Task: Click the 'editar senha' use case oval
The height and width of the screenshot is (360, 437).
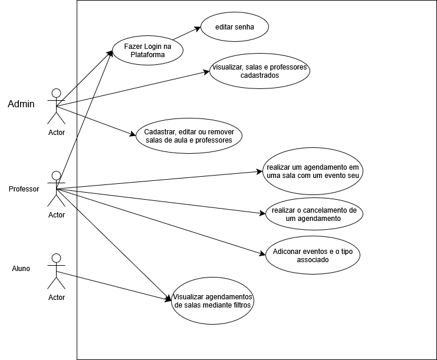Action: click(234, 27)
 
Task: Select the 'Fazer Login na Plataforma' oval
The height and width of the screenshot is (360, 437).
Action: click(147, 50)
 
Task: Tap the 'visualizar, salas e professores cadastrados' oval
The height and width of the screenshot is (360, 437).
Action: click(259, 71)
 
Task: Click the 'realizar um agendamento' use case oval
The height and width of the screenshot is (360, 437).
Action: click(313, 171)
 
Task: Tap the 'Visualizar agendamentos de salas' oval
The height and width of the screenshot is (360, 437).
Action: click(213, 301)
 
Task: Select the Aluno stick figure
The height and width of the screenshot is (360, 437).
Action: click(57, 272)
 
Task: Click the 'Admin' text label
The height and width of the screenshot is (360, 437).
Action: click(21, 104)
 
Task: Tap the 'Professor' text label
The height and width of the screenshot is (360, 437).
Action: click(24, 189)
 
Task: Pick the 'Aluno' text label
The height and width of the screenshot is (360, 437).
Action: click(21, 269)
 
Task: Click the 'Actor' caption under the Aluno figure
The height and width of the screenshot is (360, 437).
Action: click(57, 297)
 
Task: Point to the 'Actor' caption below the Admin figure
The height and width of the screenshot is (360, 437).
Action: click(57, 132)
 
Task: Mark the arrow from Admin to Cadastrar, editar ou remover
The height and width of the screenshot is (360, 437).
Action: click(97, 121)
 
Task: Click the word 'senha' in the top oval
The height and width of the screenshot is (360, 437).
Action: click(246, 27)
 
